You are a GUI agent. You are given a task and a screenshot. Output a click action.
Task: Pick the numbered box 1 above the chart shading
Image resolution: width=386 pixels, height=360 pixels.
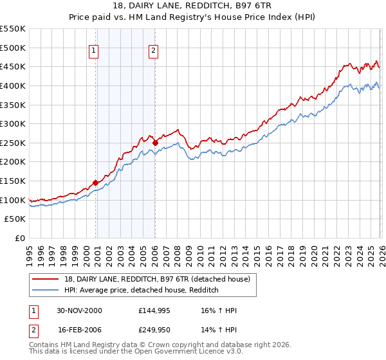(x=94, y=51)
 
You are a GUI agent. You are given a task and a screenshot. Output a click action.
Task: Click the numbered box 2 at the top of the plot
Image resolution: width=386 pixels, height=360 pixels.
(x=154, y=51)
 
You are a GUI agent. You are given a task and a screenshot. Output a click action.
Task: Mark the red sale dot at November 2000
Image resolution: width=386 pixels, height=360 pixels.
(x=96, y=183)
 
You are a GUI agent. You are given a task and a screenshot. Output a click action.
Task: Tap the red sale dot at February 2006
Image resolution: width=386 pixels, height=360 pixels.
(x=155, y=143)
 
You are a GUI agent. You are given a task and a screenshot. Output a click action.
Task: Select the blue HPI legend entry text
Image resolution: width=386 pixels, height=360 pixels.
(x=142, y=290)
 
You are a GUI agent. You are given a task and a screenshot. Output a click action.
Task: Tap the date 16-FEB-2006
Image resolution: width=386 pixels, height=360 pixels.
(x=78, y=331)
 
